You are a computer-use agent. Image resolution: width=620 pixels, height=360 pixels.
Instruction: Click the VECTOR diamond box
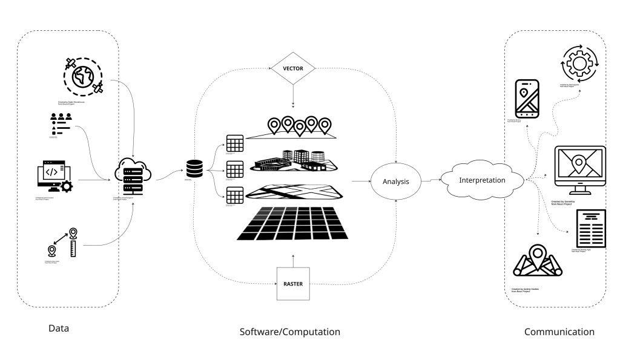293,68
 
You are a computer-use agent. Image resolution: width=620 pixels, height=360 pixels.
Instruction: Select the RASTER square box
293,283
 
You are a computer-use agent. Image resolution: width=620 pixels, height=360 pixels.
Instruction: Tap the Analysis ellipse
395,181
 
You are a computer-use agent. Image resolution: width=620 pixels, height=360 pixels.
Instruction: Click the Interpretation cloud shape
482,180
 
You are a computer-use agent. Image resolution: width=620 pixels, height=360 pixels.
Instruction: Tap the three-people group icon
61,123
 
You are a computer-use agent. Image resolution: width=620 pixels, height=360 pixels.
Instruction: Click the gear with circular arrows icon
580,64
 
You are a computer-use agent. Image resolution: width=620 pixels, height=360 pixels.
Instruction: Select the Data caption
59,329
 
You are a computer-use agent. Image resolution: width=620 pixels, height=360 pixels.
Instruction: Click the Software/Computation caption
290,332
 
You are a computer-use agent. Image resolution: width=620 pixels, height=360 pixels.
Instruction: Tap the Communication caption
559,332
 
